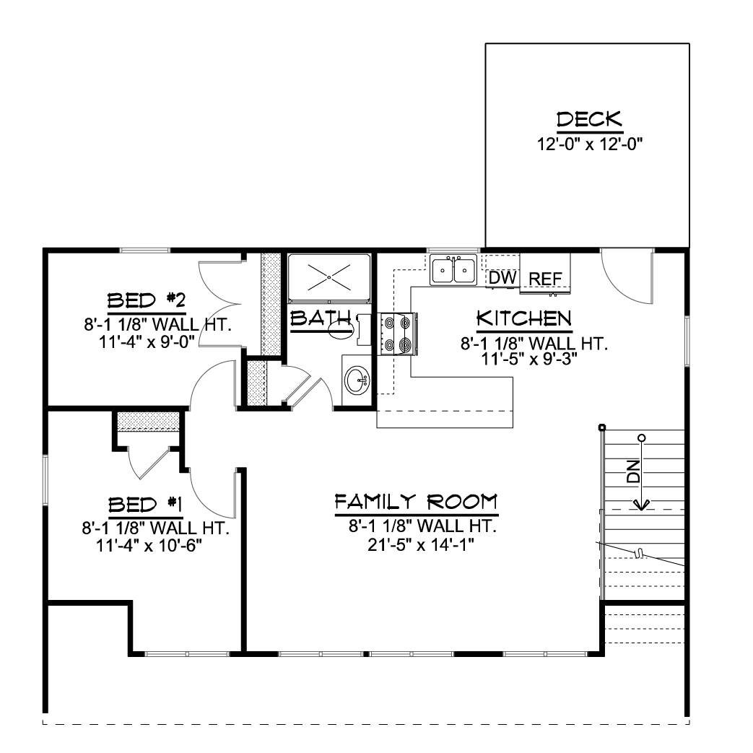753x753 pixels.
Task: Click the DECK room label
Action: (590, 120)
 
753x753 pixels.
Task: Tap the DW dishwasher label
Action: (502, 277)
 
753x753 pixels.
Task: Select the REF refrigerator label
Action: (546, 279)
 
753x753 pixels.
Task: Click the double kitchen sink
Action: (453, 270)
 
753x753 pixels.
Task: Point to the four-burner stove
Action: (398, 334)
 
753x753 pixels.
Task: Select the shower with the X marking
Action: (329, 278)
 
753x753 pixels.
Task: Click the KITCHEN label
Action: (524, 318)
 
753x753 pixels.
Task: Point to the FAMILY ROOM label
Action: (416, 502)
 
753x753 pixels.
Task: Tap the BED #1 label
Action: (145, 505)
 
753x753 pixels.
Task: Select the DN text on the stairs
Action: (633, 471)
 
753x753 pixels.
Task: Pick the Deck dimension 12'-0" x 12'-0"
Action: (590, 144)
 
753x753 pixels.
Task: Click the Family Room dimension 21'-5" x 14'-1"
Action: (421, 545)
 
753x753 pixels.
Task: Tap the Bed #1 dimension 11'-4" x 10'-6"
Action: (149, 546)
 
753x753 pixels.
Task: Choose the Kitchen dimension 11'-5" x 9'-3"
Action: (529, 359)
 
